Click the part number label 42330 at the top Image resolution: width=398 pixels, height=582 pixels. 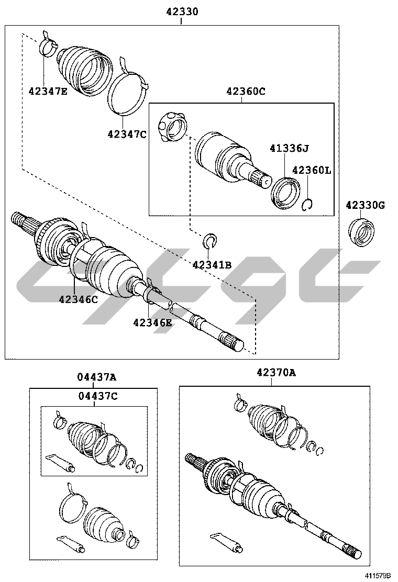(x=182, y=12)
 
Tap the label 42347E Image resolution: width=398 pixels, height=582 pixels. (x=48, y=91)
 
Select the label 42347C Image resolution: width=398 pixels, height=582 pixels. (x=127, y=134)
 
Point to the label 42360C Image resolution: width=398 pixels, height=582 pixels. (x=246, y=91)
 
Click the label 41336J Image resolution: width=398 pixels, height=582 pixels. (x=289, y=149)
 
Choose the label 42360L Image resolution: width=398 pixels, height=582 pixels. (x=312, y=171)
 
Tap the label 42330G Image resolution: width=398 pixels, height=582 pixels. (x=366, y=205)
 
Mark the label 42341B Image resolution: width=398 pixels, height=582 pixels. (x=212, y=265)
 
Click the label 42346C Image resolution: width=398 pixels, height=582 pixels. (x=79, y=299)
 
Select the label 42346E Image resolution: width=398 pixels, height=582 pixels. (x=152, y=323)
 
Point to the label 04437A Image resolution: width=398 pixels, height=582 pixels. (x=97, y=377)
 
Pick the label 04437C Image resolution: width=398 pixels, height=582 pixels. (x=97, y=396)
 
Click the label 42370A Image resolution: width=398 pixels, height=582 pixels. (x=276, y=373)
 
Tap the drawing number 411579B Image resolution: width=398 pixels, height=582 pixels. (x=378, y=576)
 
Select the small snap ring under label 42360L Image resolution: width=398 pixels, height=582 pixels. (x=307, y=205)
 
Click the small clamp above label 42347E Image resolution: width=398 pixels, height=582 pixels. (x=48, y=44)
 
